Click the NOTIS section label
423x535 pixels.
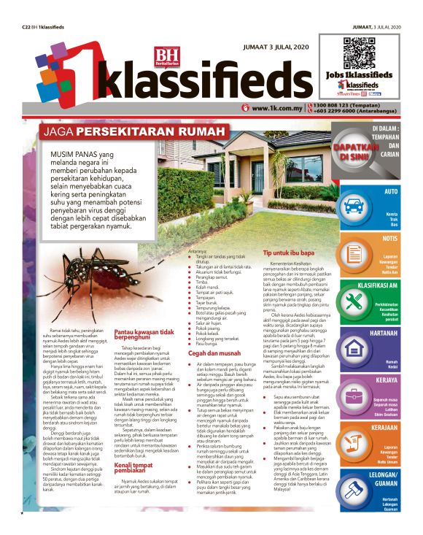[x=389, y=238]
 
